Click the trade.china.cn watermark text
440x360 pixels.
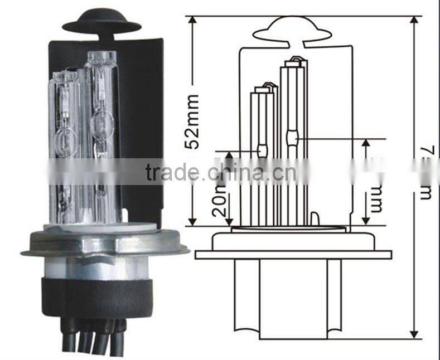[220, 172]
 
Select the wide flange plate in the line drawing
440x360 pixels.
[293, 255]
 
